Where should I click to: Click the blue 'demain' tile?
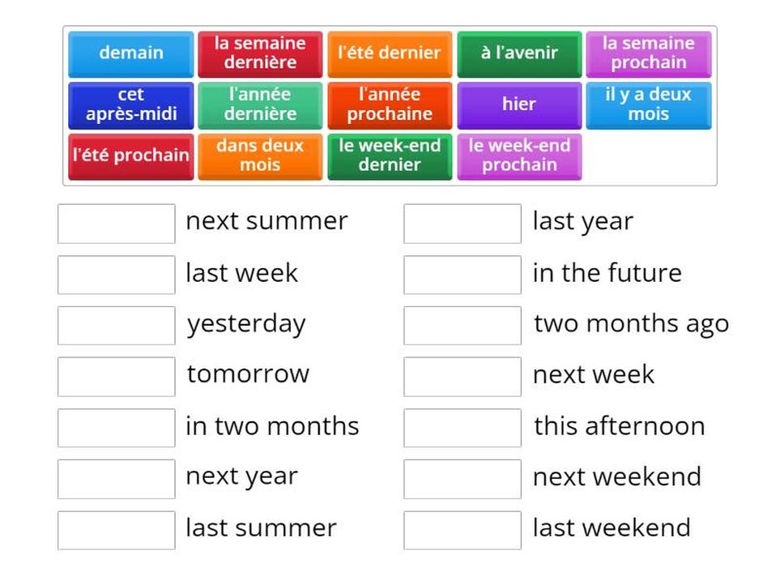click(131, 53)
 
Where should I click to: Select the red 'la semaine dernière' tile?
click(260, 53)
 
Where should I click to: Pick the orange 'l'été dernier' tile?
click(390, 53)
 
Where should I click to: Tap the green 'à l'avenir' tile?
click(519, 53)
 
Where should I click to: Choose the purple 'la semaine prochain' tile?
click(649, 53)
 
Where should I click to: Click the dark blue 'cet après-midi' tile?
click(131, 105)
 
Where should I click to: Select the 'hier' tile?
click(519, 105)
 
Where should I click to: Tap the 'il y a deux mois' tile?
click(649, 105)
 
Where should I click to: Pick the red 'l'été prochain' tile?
click(131, 156)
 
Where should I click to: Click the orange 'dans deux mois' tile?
click(260, 156)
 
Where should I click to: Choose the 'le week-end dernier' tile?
click(390, 156)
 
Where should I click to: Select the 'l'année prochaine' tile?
click(390, 105)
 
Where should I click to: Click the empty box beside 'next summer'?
click(117, 224)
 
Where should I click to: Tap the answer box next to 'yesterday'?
click(117, 326)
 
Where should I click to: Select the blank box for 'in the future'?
click(462, 275)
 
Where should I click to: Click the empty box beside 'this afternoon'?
click(462, 428)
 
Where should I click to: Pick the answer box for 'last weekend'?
click(462, 530)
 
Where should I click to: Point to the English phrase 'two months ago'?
click(632, 325)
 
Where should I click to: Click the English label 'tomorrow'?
click(248, 374)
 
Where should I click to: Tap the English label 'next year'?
click(241, 477)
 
